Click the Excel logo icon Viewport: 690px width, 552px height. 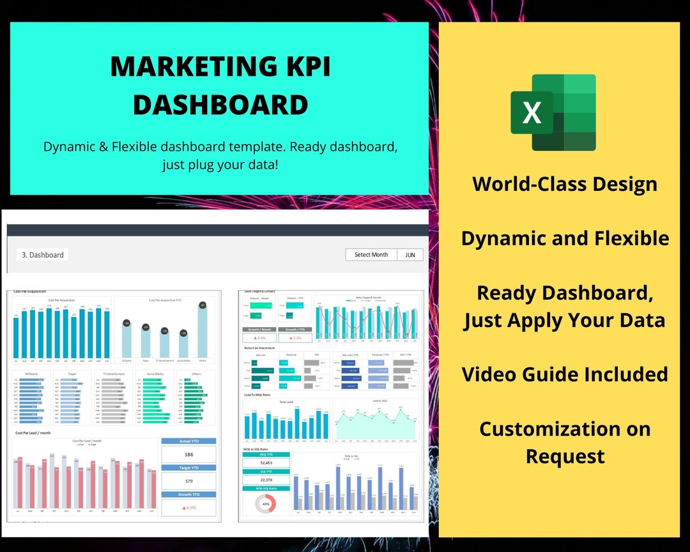553,112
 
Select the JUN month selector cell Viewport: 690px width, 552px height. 410,255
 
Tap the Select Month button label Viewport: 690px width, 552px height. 371,255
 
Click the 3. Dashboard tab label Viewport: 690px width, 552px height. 43,255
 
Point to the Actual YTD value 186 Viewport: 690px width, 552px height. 188,454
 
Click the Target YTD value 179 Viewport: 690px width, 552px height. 188,481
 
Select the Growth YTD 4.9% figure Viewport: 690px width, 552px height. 188,508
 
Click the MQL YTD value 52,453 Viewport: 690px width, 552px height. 266,463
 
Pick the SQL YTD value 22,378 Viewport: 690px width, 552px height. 266,480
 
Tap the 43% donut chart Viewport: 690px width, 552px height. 265,503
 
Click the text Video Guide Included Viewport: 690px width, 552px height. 565,374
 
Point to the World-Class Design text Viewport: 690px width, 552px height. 565,184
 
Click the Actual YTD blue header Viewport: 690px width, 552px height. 188,441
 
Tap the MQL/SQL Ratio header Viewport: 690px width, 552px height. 266,489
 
